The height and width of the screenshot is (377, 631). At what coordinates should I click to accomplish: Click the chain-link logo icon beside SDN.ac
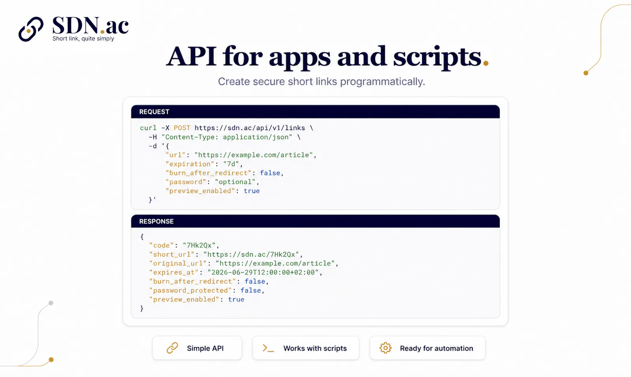coord(31,29)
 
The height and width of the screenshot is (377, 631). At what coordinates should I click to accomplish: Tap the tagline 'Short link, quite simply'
coord(83,39)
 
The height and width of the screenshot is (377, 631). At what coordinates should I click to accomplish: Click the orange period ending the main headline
coord(485,63)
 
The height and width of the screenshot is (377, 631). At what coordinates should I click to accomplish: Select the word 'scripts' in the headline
coord(437,57)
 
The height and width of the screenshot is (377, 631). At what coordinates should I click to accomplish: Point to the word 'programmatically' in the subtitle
coord(382,82)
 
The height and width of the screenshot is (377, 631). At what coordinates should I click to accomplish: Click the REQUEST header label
coord(154,112)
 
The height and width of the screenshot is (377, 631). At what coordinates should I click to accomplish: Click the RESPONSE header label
coord(156,221)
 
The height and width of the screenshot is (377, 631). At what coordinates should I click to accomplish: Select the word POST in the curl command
coord(182,128)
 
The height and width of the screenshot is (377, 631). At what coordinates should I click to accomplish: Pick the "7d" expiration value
coord(231,164)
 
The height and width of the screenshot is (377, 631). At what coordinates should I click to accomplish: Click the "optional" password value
coord(235,182)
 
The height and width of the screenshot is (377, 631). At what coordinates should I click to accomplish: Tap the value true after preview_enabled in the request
coord(252,191)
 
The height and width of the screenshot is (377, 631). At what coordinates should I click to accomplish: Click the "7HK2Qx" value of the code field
coord(199,245)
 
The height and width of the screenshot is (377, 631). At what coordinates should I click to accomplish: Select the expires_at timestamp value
coord(263,272)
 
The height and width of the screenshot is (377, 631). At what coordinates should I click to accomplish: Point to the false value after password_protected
coord(251,290)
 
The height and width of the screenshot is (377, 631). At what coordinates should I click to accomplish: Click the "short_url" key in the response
coord(172,254)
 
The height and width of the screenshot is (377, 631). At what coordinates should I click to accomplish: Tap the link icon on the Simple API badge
coord(172,348)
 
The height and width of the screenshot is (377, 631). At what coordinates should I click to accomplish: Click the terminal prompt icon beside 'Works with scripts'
coord(268,348)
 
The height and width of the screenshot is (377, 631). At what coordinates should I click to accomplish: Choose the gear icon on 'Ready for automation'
coord(385,348)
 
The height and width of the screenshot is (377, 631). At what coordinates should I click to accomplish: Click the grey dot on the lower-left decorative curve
coord(51,303)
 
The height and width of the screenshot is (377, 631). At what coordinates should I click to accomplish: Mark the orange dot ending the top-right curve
coord(586,73)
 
